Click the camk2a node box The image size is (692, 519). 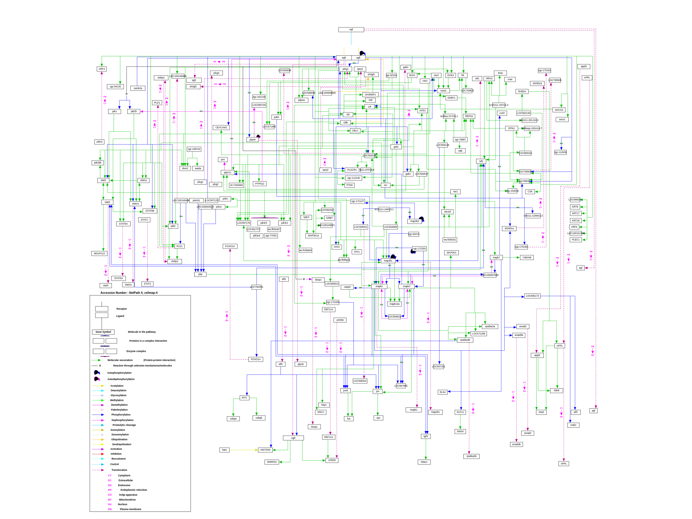pyautogui.click(x=138, y=88)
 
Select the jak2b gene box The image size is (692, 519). pyautogui.click(x=133, y=111)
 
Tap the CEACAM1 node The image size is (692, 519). pyautogui.click(x=221, y=128)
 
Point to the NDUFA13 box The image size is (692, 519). pyautogui.click(x=99, y=253)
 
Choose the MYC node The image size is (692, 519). pyautogui.click(x=244, y=398)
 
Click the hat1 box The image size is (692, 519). pyautogui.click(x=224, y=450)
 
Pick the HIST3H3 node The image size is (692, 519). pyautogui.click(x=265, y=450)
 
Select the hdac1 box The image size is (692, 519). pyautogui.click(x=424, y=462)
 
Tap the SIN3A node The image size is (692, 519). pyautogui.click(x=460, y=431)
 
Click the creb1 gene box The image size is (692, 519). pyautogui.click(x=573, y=425)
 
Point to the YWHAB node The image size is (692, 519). pyautogui.click(x=527, y=257)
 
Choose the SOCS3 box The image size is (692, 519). pyautogui.click(x=559, y=110)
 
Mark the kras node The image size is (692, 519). pyautogui.click(x=500, y=73)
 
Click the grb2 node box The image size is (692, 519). pyautogui.click(x=396, y=147)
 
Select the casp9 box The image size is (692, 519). pyautogui.click(x=347, y=287)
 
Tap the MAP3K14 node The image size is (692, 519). pyautogui.click(x=313, y=236)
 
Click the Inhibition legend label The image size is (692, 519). pyautogui.click(x=116, y=454)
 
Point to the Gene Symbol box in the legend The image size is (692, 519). pyautogui.click(x=103, y=332)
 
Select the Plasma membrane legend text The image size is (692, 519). pyautogui.click(x=130, y=509)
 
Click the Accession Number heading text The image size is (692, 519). pyautogui.click(x=129, y=293)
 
